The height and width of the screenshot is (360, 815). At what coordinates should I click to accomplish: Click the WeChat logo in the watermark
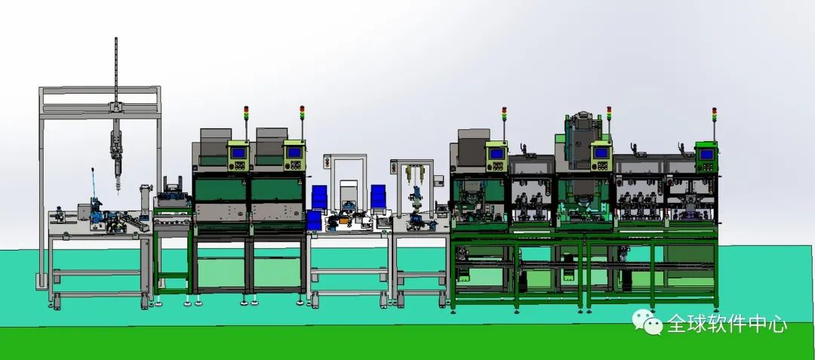647,322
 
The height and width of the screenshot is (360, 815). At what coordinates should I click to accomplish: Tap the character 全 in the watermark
678,324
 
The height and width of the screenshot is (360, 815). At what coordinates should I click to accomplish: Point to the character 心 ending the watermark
777,324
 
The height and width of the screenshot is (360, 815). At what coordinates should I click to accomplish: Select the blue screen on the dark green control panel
706,154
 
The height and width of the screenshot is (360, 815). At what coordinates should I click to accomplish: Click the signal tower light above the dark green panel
714,115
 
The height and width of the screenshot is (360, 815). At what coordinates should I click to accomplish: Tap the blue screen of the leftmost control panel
238,152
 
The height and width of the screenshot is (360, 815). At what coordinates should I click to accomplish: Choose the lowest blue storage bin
313,220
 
